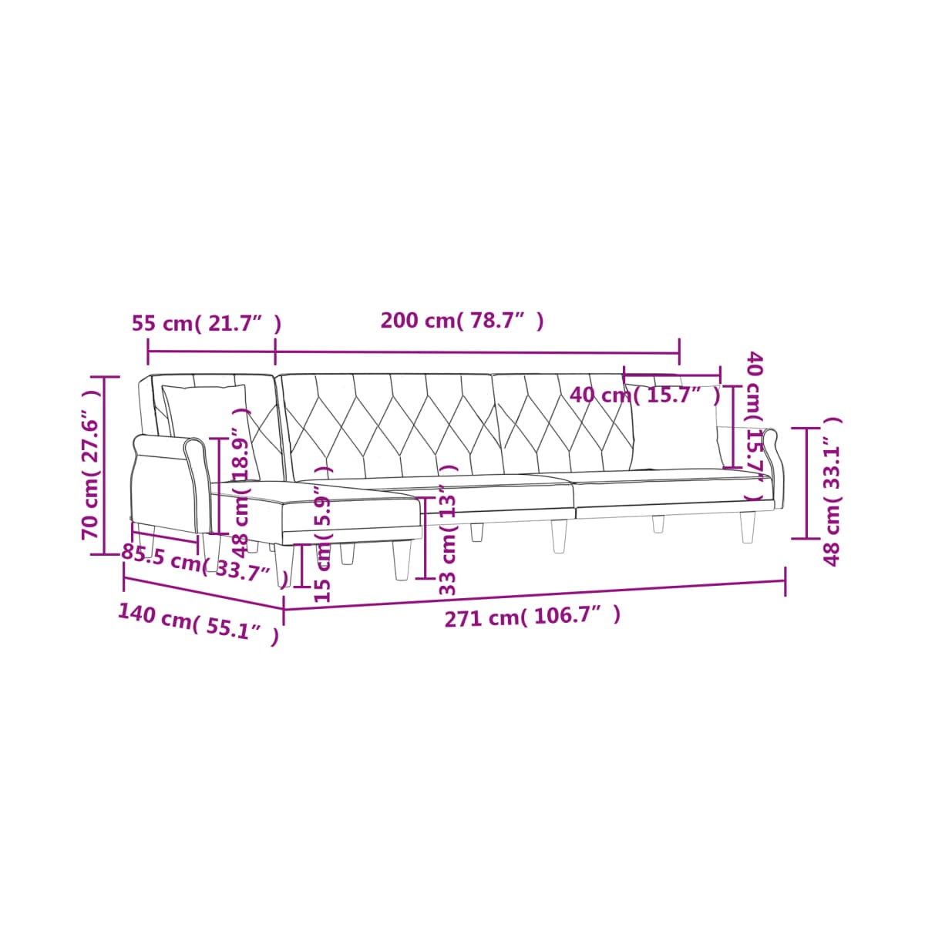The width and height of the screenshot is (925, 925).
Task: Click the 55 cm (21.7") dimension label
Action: [207, 324]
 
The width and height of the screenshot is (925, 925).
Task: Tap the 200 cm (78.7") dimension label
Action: [462, 321]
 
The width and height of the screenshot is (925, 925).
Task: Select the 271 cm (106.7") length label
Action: [533, 617]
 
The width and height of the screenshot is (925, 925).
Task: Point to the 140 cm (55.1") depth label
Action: [198, 624]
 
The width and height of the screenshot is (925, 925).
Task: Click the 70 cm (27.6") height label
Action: [91, 465]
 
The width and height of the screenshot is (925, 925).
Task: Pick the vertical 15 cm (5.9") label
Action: [323, 533]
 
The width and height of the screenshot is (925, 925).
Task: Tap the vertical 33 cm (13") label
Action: [448, 530]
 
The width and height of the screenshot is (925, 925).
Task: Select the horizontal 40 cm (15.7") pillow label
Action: [645, 395]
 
